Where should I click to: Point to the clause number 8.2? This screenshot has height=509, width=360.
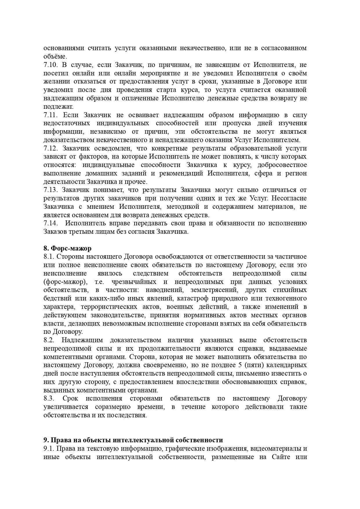pos(48,340)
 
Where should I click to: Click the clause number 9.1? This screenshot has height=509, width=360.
pos(48,449)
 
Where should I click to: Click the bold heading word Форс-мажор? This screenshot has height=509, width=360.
pos(71,248)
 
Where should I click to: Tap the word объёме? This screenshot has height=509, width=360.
pos(55,56)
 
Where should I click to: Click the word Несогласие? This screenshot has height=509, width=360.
pos(290,198)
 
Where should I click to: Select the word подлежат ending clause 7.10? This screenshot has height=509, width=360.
pos(58,106)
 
